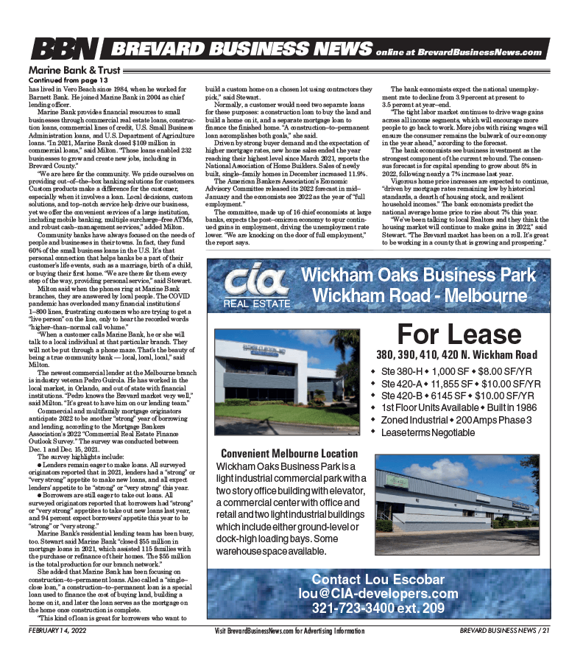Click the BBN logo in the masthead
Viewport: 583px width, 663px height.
point(65,50)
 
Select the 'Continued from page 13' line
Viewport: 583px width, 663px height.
point(68,79)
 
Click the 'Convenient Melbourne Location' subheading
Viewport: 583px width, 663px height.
point(289,454)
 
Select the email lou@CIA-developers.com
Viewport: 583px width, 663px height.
point(378,594)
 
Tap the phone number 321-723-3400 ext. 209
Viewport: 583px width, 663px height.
point(378,608)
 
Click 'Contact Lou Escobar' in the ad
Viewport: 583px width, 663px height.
point(378,579)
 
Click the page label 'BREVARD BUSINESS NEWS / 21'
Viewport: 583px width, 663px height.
point(504,631)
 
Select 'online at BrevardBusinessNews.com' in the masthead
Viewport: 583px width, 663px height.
point(458,52)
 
